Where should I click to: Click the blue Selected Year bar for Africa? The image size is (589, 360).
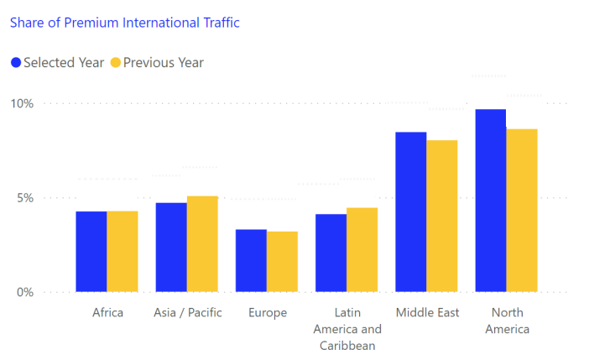tap(91, 252)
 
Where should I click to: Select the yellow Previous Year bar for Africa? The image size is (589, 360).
tap(122, 252)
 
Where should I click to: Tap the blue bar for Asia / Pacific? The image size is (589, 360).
tap(171, 248)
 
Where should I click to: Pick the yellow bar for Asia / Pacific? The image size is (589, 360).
tap(202, 244)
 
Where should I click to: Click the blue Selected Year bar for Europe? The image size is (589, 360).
tap(251, 261)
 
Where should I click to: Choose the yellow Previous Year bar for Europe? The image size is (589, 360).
tap(282, 262)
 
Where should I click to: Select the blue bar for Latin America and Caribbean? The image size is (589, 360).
tap(331, 253)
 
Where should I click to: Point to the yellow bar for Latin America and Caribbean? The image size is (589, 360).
tap(362, 250)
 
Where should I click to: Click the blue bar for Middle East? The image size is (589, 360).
tap(410, 212)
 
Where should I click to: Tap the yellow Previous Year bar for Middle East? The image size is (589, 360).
tap(441, 217)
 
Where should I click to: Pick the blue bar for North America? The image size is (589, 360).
tap(490, 201)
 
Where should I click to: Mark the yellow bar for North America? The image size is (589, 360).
tap(521, 211)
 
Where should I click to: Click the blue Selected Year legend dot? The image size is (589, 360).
tap(16, 62)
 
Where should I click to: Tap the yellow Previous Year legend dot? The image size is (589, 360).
tap(116, 62)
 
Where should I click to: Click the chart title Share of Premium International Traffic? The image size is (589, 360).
tap(124, 23)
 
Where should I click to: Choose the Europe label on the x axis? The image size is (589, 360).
tap(267, 313)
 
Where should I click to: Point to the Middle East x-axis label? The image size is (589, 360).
tap(427, 313)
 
